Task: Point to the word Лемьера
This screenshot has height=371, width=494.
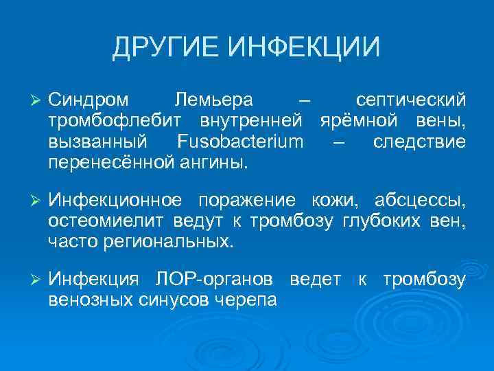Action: pyautogui.click(x=213, y=101)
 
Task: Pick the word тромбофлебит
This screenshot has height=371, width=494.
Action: pyautogui.click(x=109, y=122)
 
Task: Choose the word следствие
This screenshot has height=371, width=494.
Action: pyautogui.click(x=420, y=142)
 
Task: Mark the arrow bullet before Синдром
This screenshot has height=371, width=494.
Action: pyautogui.click(x=36, y=101)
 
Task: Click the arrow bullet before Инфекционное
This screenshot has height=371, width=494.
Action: pyautogui.click(x=36, y=201)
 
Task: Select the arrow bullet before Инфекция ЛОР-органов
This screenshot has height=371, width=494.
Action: pyautogui.click(x=36, y=280)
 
